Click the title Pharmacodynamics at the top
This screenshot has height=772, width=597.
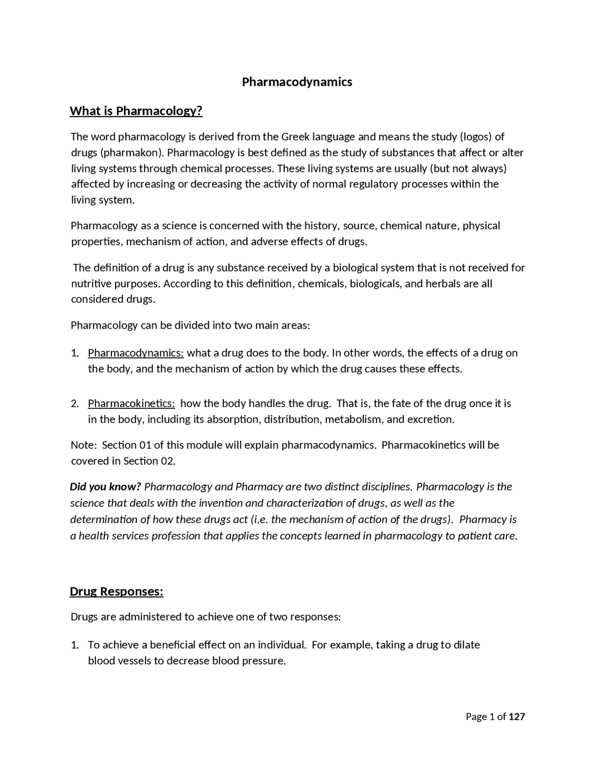(297, 82)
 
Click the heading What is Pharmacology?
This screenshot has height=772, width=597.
(136, 111)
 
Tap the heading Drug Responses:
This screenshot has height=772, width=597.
(117, 592)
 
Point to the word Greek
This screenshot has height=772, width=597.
(295, 137)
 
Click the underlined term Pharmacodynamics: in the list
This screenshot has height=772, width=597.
(136, 353)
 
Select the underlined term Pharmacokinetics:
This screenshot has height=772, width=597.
(131, 403)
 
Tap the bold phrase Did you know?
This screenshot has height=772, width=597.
(105, 487)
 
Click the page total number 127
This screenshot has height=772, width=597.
(517, 717)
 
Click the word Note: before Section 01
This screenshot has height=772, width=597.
(83, 445)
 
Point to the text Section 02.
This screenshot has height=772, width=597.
(149, 461)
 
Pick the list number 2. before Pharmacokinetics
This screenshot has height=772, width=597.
(75, 403)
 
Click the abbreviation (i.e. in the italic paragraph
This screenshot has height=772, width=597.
(259, 519)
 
